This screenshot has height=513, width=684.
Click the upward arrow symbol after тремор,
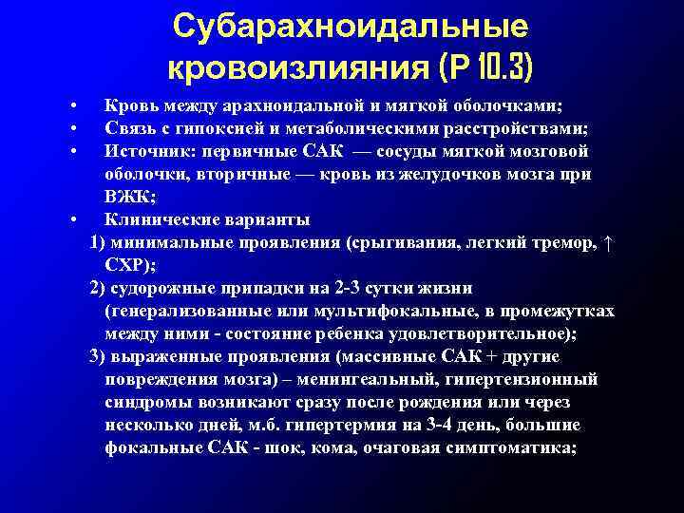coord(609,243)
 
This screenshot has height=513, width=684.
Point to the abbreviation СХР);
coord(135,266)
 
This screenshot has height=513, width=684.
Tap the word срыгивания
coord(406,243)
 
